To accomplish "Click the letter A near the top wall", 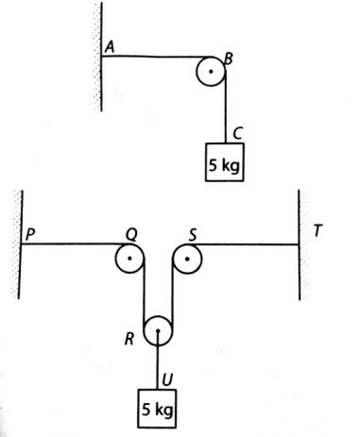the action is pos(110,47).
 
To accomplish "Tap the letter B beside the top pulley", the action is pos(229,59).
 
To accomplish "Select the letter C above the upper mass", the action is pos(238,133).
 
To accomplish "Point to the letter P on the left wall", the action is pos(30,234).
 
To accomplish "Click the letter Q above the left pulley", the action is pos(131,234).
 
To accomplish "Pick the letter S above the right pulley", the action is pos(193,234).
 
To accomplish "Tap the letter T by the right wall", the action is pos(317,231).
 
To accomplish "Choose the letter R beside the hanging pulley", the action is pos(129,339).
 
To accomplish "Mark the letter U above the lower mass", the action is pos(167,380).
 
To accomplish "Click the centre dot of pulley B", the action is pos(211,72).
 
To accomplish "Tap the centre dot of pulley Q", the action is pos(129,259).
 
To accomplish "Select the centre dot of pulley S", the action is pos(187,259).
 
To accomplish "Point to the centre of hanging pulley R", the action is pos(158,331).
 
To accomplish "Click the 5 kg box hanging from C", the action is pos(225,162).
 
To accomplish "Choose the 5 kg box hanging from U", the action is pos(157,409).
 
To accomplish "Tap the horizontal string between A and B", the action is pos(156,57).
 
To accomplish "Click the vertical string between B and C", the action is pos(226,107).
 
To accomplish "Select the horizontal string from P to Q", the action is pos(75,244).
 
